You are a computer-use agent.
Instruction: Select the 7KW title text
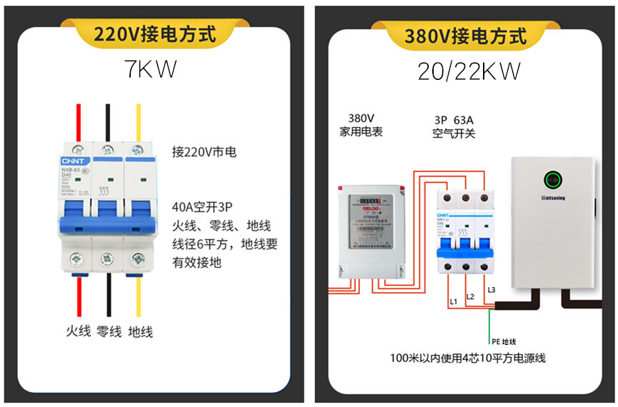click(150, 71)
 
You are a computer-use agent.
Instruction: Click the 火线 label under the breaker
click(78, 331)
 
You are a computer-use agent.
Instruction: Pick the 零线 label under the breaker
click(109, 331)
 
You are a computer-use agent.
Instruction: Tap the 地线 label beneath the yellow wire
click(140, 331)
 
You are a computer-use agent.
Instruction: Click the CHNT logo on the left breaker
click(71, 162)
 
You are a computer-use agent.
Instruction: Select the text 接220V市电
click(204, 152)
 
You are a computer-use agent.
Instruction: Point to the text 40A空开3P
click(203, 208)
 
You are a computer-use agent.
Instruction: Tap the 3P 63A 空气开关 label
click(454, 126)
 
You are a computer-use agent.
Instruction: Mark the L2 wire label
click(470, 296)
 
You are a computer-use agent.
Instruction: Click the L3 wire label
click(490, 289)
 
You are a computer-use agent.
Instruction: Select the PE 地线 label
click(503, 341)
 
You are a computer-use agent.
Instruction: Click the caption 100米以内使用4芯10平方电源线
click(467, 358)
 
